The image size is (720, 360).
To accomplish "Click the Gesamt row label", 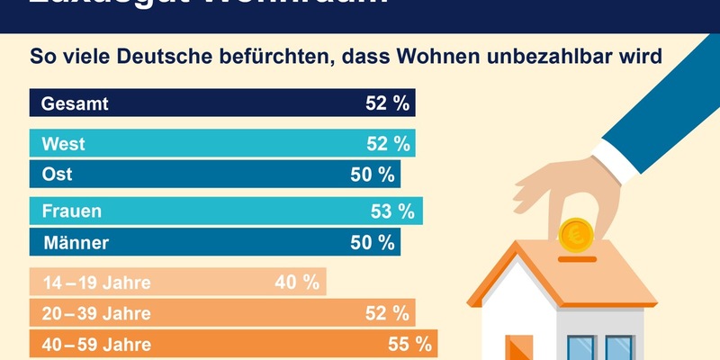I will (76, 103).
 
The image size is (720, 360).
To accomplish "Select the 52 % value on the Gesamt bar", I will (387, 103).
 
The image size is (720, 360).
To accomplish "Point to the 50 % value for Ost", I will (373, 174).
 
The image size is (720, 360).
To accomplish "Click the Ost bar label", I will (58, 174).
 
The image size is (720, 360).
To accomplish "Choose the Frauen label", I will (71, 212).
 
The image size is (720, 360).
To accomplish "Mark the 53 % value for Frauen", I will (392, 212).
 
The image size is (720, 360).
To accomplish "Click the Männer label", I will (76, 242).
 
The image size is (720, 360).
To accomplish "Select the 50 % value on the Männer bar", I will (373, 242).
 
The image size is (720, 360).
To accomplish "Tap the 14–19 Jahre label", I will (95, 283).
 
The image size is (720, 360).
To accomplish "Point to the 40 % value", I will (298, 283).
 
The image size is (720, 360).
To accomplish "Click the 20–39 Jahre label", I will (97, 313).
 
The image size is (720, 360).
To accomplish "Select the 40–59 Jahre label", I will (97, 344).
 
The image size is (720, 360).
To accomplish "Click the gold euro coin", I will (576, 236).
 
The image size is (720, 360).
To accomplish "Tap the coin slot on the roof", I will (576, 260).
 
